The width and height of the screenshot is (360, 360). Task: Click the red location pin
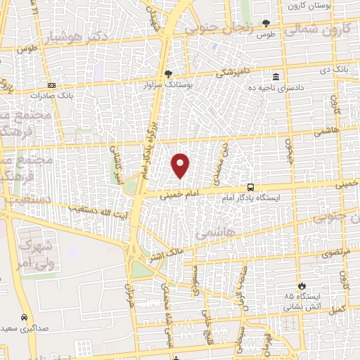point(181,165)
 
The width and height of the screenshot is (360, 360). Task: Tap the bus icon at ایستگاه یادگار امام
point(251,187)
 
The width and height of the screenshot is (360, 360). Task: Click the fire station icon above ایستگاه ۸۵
point(302,286)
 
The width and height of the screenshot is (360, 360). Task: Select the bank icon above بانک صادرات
point(52,85)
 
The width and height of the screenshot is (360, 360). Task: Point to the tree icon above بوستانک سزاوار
point(167,73)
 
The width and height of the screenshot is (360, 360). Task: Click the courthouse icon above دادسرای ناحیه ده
point(275,76)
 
